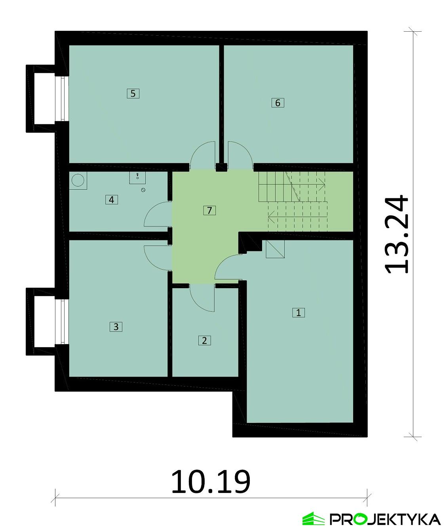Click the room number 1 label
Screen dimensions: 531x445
(299, 312)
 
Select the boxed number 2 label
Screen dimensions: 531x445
(204, 341)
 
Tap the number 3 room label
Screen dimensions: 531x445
(116, 327)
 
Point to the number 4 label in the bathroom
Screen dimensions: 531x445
(112, 200)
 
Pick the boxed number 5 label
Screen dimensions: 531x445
(133, 93)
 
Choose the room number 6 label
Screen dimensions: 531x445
(278, 103)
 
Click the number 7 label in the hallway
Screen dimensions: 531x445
(209, 210)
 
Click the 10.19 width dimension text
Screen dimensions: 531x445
(211, 482)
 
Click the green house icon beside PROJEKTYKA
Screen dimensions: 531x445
(313, 519)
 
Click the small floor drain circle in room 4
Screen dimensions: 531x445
(143, 190)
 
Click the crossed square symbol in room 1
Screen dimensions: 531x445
(275, 249)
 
